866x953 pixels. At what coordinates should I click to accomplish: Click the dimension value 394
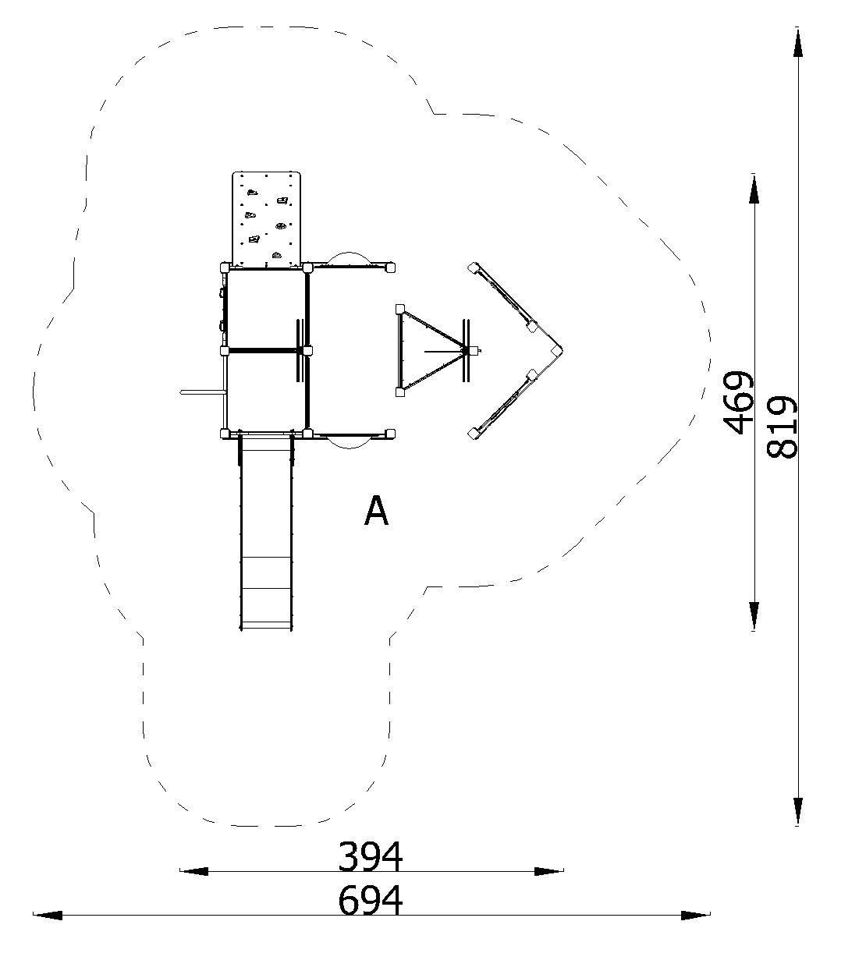(370, 856)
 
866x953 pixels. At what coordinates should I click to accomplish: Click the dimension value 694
(370, 899)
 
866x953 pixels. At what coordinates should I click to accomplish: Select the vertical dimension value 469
(738, 402)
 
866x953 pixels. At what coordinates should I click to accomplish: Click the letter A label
(376, 510)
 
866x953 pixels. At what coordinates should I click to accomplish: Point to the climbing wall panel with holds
(266, 218)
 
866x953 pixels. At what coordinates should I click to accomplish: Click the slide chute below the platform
(266, 533)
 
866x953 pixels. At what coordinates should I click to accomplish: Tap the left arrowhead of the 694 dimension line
(48, 916)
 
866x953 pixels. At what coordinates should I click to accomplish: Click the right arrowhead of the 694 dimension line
(696, 916)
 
